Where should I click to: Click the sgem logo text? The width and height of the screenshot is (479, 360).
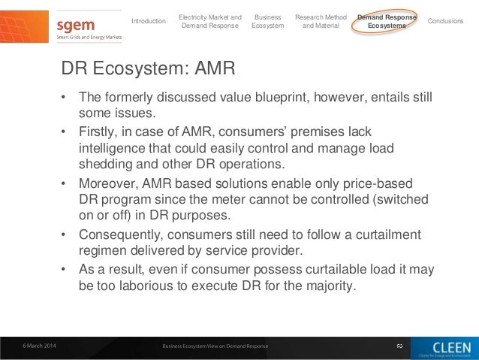click(x=76, y=25)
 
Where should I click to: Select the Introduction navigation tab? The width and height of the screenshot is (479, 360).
click(x=149, y=21)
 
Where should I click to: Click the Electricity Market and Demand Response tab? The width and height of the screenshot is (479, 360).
click(x=210, y=21)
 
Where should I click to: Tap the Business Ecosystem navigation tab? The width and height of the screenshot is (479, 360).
click(x=268, y=21)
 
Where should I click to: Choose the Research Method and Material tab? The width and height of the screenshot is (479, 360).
click(x=321, y=21)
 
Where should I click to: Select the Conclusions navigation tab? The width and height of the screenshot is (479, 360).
click(x=445, y=21)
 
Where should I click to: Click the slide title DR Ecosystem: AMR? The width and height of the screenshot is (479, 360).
click(x=149, y=70)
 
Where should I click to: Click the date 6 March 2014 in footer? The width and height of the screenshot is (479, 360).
click(x=38, y=346)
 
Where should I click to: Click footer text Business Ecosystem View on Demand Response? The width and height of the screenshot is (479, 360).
click(x=215, y=346)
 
